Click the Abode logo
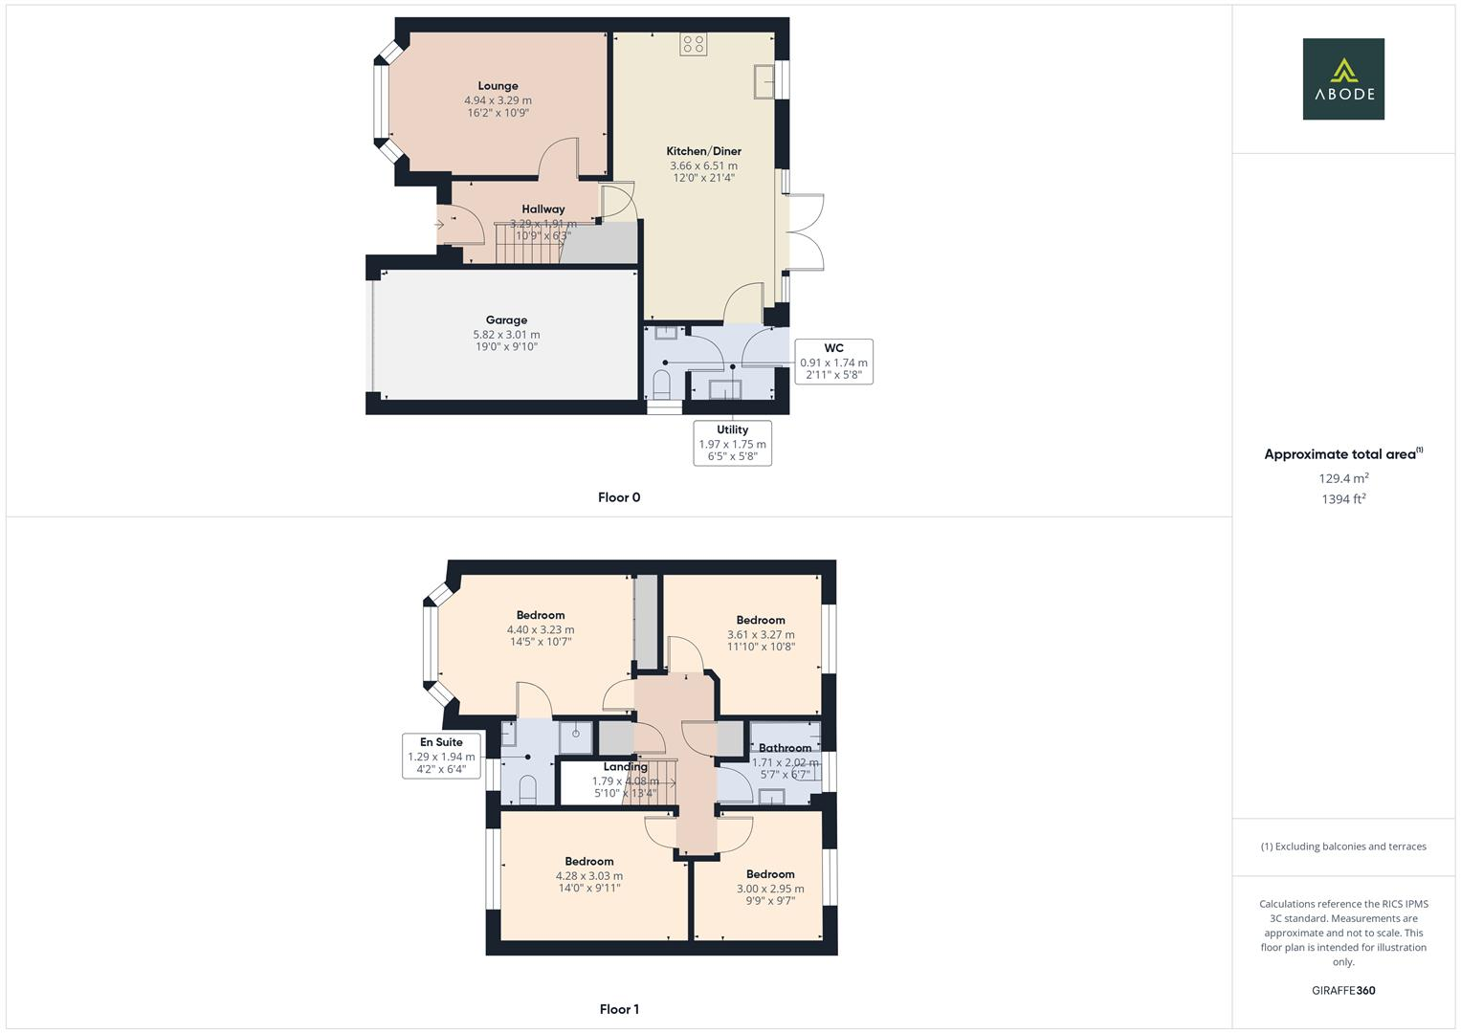(x=1343, y=78)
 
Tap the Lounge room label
(x=498, y=85)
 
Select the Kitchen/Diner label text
(x=703, y=151)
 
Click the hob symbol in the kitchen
(x=694, y=44)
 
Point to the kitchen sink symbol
(x=764, y=81)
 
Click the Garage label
(x=506, y=319)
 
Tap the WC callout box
(x=833, y=362)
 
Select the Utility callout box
(x=733, y=443)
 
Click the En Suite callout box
(x=442, y=756)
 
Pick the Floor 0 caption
(x=619, y=497)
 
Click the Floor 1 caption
(x=619, y=1009)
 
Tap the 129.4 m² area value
(x=1343, y=478)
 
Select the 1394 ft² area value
(x=1343, y=499)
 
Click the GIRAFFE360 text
(x=1343, y=990)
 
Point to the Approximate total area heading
(x=1343, y=454)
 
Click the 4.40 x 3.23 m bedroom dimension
(x=541, y=629)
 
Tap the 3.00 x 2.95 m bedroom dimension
(x=770, y=889)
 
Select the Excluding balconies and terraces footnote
(x=1343, y=846)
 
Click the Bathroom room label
(x=785, y=747)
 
